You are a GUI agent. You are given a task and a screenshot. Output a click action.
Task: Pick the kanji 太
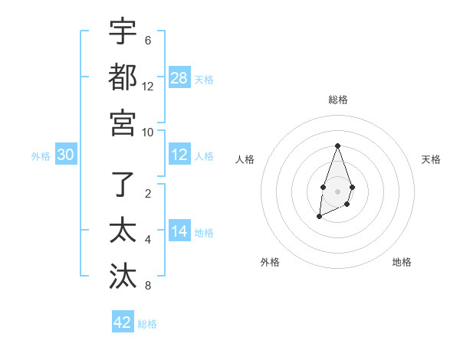(x=123, y=231)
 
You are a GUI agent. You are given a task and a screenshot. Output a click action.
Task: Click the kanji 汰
(x=123, y=277)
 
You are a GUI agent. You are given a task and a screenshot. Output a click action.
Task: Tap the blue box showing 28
(x=179, y=77)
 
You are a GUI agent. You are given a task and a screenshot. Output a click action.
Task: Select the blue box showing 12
(x=179, y=155)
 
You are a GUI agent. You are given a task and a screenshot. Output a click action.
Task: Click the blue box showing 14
(x=179, y=231)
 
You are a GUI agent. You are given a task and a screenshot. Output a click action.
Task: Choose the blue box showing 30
(x=65, y=155)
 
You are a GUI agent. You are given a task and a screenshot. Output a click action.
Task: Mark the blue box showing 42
(x=123, y=322)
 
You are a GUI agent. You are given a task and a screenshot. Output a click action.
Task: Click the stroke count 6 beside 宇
(x=148, y=41)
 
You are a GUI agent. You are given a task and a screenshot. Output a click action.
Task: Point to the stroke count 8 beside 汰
(x=148, y=286)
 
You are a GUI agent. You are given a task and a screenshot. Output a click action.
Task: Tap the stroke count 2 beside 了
(x=148, y=194)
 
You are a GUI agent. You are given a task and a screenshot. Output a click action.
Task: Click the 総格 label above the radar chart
(x=337, y=100)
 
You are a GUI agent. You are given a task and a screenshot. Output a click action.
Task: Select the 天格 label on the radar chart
(x=432, y=159)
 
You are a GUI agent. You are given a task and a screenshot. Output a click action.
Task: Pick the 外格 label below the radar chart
(x=270, y=262)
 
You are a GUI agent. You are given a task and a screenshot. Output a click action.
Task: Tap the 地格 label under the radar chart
(x=402, y=262)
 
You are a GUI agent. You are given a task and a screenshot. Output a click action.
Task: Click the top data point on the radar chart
(x=337, y=146)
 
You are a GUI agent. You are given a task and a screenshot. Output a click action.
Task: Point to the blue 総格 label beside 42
(x=147, y=324)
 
